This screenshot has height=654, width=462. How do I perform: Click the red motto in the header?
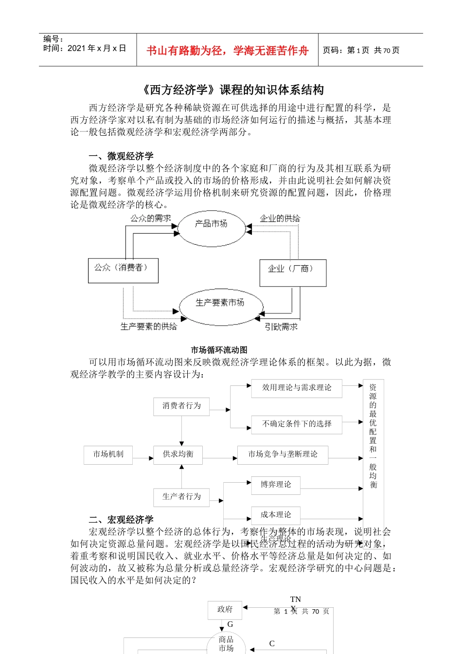pos(227,51)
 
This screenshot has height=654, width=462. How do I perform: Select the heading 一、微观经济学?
pos(121,156)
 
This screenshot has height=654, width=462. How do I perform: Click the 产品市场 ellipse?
pos(212,228)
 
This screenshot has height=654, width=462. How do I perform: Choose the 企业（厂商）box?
pos(293,272)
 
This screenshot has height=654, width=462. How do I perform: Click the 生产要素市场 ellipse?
pos(220,307)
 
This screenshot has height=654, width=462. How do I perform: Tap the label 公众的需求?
pos(150,218)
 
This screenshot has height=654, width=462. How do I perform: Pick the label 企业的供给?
pos(280,218)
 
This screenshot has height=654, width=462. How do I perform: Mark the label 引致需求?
pos(281,327)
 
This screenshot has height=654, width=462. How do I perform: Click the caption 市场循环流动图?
pos(219,350)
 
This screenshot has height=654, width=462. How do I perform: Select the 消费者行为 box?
pos(181,406)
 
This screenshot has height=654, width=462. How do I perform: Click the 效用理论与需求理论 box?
pos(297,388)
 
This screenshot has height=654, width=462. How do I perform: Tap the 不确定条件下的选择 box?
pos(297,424)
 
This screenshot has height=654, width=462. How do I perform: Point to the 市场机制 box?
pos(108,454)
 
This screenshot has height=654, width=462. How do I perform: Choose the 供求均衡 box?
pos(178,454)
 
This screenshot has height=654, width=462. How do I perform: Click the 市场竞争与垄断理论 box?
pos(283,454)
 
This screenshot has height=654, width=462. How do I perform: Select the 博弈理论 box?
pos(276,485)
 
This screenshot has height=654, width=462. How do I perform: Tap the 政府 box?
pos(225,609)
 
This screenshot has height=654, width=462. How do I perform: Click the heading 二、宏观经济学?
pos(121,520)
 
